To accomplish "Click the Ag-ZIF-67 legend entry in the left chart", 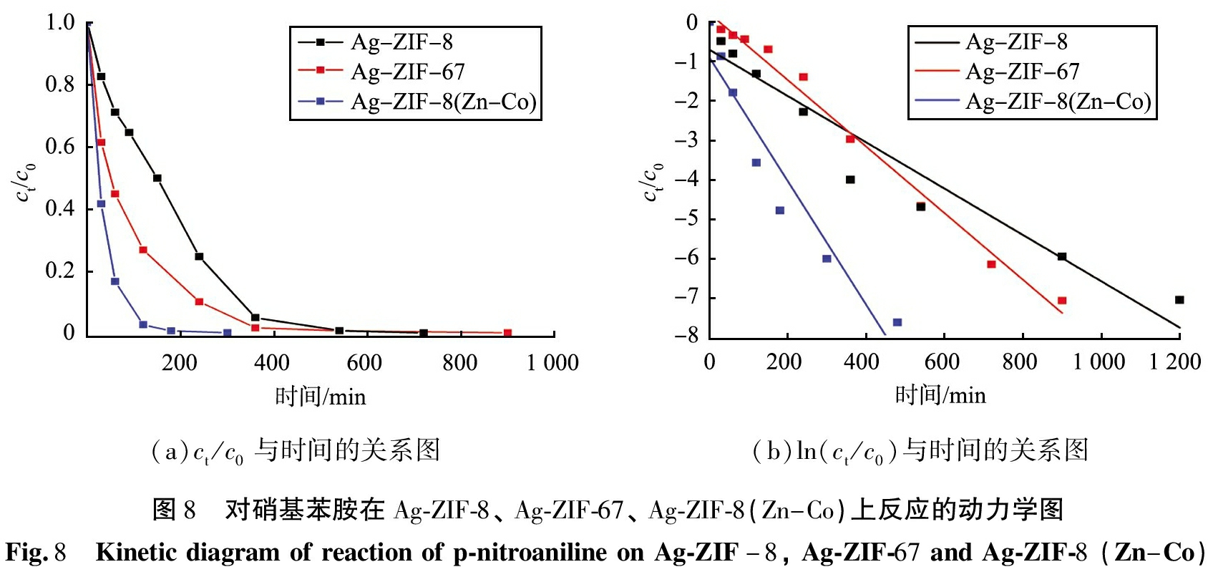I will [408, 72].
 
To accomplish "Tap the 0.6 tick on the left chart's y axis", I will [60, 147].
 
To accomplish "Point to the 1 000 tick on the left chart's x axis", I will [552, 362].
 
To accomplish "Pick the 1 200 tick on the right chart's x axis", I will [1175, 362].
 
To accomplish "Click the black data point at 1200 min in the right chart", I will [1179, 300].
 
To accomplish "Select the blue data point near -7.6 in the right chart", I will [897, 323].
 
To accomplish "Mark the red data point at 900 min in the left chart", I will [507, 333].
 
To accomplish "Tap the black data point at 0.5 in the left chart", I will [157, 178].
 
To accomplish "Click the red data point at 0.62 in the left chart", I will [101, 142].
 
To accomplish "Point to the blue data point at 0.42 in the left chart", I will [101, 204].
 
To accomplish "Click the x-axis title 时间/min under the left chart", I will [321, 397].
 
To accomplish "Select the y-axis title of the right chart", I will [653, 183].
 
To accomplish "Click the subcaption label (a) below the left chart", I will [165, 451].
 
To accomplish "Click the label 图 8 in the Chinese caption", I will [174, 510].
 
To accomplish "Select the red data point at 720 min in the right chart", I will [991, 264].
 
